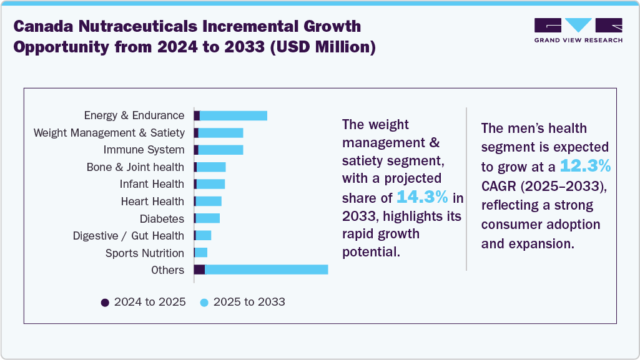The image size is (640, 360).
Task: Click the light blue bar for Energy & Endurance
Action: pyautogui.click(x=233, y=116)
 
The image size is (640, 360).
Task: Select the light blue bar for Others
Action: pyautogui.click(x=266, y=270)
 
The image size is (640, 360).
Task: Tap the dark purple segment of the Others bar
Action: pyautogui.click(x=199, y=270)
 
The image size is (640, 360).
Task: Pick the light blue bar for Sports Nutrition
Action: pyautogui.click(x=201, y=253)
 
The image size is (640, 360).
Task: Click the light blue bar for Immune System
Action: pyautogui.click(x=220, y=150)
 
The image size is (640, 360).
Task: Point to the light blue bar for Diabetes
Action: pyautogui.click(x=208, y=218)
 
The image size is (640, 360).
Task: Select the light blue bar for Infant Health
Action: pyautogui.click(x=210, y=184)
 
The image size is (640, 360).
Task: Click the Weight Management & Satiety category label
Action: pyautogui.click(x=109, y=133)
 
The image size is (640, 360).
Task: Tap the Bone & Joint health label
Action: pyautogui.click(x=135, y=167)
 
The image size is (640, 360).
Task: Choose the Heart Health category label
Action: pyautogui.click(x=152, y=202)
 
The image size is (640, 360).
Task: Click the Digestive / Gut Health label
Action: pyautogui.click(x=128, y=236)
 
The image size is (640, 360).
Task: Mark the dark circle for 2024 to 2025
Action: pyautogui.click(x=105, y=303)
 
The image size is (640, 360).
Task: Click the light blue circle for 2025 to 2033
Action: pyautogui.click(x=204, y=303)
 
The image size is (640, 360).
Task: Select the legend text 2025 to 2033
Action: pyautogui.click(x=249, y=302)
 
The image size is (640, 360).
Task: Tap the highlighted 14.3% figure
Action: pyautogui.click(x=423, y=198)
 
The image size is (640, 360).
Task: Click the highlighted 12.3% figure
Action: pyautogui.click(x=585, y=166)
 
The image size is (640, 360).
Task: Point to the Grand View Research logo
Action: pyautogui.click(x=578, y=31)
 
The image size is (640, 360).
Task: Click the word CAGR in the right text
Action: pyautogui.click(x=500, y=185)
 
